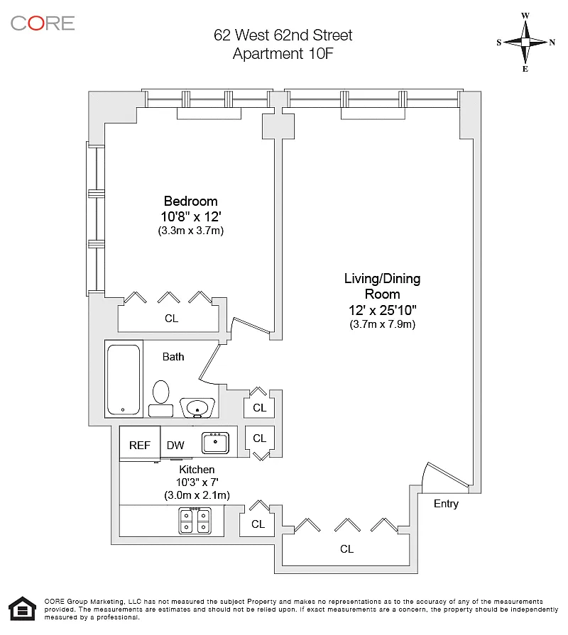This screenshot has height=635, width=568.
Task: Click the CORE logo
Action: click(43, 23)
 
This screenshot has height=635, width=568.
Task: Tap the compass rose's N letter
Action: click(552, 43)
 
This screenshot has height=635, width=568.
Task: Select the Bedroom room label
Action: click(190, 201)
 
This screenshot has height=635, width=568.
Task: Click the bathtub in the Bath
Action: click(124, 379)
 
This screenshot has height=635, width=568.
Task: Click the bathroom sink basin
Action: click(197, 407)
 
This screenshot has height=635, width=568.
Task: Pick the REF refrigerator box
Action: click(140, 443)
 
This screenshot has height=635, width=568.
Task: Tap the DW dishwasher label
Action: click(175, 446)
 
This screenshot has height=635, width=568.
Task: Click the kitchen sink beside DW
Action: click(215, 442)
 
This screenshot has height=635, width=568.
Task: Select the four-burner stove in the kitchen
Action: click(195, 521)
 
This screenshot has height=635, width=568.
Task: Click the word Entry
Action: click(446, 504)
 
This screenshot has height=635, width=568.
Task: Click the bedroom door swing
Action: click(250, 326)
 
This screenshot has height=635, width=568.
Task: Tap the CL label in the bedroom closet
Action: click(171, 319)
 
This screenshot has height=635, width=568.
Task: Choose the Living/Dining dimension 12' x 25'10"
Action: click(383, 310)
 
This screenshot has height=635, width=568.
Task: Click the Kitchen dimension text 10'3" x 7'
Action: click(197, 482)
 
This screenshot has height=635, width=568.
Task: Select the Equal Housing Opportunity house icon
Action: click(22, 609)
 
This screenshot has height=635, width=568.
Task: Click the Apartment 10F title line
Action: click(283, 53)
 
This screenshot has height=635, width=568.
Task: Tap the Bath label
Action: click(173, 357)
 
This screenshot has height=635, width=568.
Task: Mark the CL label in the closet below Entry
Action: click(346, 548)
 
